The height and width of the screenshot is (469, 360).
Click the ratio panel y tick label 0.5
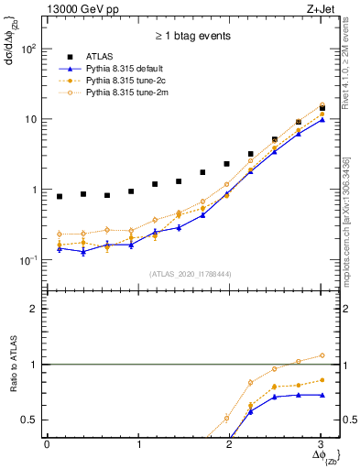[31, 420]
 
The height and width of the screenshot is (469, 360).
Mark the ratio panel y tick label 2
[35, 309]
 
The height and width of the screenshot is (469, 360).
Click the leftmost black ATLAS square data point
[60, 196]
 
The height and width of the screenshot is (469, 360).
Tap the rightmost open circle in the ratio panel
[321, 355]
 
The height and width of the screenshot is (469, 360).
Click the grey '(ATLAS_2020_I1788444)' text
[189, 274]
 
